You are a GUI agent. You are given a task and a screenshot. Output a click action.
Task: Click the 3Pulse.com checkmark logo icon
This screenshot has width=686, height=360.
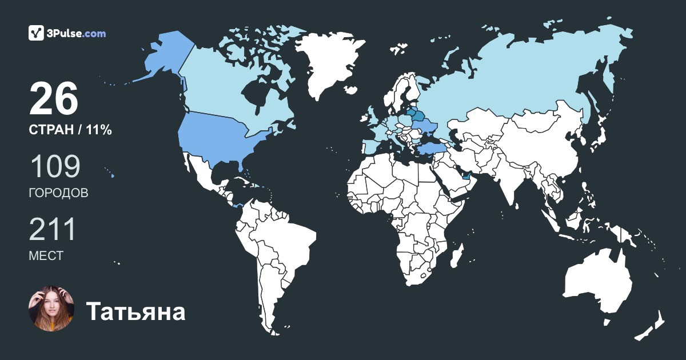[x=36, y=33]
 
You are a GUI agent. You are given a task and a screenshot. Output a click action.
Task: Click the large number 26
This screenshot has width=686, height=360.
[x=53, y=99]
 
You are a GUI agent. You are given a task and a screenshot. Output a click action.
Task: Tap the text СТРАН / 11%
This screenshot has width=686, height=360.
[x=70, y=130]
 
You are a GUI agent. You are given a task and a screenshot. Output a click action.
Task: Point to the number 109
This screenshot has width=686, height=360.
[x=54, y=166]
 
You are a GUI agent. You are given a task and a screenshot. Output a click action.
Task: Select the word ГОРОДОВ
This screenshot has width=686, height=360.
[x=58, y=193]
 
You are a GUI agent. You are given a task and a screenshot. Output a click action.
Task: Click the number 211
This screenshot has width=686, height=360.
[x=53, y=229]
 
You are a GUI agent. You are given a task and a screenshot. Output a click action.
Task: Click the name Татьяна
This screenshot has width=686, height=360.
[x=135, y=312]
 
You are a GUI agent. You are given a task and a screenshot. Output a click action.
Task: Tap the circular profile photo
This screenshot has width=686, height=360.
[x=51, y=309]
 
